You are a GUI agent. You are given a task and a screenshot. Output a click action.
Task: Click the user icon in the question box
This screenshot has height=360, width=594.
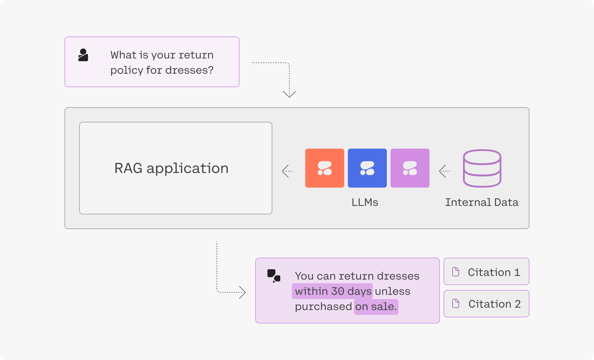click(83, 55)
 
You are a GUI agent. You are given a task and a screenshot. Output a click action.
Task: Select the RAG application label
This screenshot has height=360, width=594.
click(171, 168)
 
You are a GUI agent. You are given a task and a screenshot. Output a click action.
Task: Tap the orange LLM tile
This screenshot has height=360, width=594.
click(324, 168)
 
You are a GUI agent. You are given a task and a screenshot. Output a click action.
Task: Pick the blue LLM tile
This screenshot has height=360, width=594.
click(367, 168)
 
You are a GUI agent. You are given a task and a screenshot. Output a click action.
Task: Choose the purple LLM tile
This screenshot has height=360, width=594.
click(410, 168)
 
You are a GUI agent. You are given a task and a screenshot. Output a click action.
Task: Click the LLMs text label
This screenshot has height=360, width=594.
click(365, 202)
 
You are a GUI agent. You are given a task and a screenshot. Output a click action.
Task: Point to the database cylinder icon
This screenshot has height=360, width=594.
click(482, 168)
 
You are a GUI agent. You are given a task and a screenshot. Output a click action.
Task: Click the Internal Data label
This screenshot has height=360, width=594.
click(482, 202)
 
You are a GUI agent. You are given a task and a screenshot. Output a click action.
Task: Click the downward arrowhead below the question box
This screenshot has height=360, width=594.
click(289, 94)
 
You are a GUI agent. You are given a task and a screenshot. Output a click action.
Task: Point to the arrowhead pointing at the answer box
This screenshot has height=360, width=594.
click(242, 292)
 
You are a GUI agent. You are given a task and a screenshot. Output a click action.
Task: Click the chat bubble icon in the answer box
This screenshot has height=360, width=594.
click(274, 276)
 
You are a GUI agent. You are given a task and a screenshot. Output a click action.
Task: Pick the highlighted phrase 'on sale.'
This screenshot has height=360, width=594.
click(376, 306)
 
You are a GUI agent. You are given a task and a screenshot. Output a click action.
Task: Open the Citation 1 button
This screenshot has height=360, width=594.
click(486, 272)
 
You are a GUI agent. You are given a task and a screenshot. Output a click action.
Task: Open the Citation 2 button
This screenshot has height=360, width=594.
click(486, 304)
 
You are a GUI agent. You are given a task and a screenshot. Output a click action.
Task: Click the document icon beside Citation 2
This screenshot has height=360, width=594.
click(456, 303)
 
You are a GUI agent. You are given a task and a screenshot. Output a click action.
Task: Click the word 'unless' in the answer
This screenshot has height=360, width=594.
click(392, 291)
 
